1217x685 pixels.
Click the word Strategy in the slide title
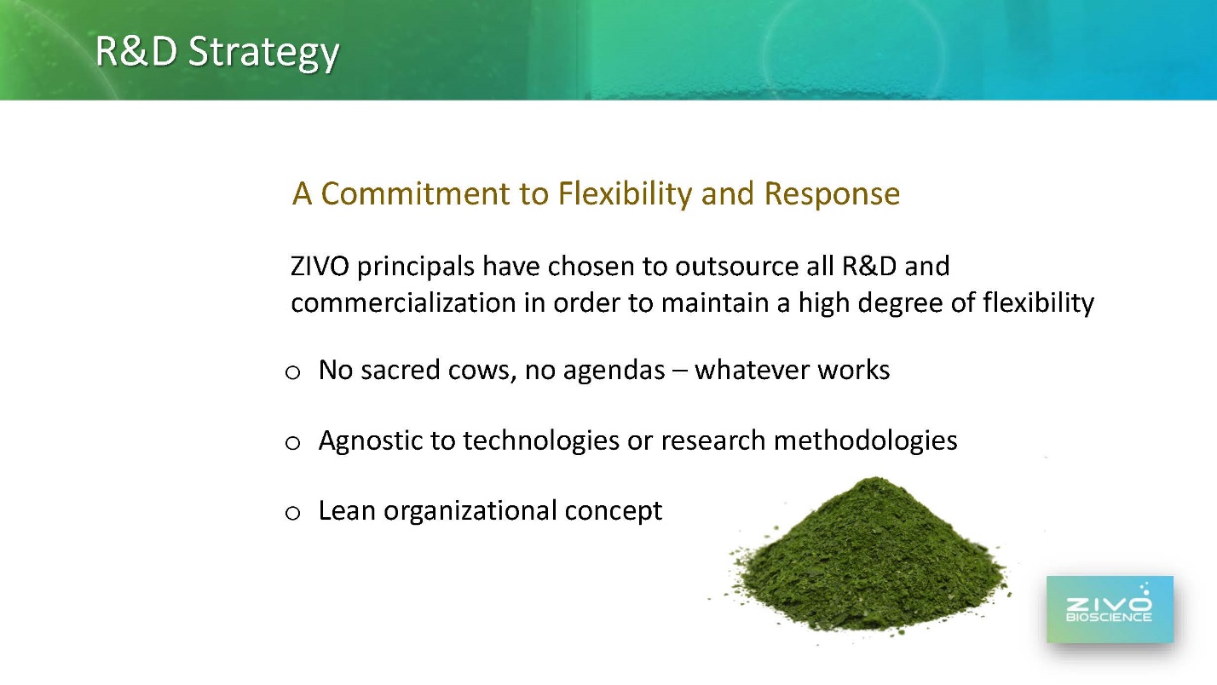[263, 53]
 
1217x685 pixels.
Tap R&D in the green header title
[136, 51]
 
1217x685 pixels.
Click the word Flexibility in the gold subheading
[626, 194]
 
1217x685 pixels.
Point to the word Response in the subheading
[832, 195]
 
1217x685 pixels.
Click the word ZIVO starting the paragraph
[320, 267]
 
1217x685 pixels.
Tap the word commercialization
[403, 302]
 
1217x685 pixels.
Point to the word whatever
[753, 371]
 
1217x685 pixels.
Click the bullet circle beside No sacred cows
[293, 372]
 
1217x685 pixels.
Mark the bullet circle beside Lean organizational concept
[293, 513]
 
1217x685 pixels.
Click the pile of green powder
[869, 560]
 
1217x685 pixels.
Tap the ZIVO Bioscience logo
[1110, 609]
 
